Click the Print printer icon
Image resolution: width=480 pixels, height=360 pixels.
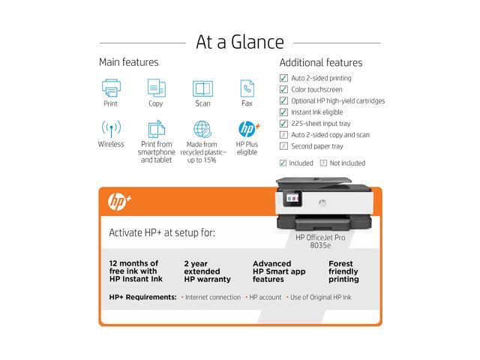pos(111,88)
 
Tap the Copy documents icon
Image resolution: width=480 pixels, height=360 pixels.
pos(157,88)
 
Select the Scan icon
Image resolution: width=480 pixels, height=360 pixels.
pos(202,88)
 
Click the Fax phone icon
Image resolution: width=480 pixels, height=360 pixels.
pos(247,88)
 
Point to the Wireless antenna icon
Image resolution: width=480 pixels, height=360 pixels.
pos(111,128)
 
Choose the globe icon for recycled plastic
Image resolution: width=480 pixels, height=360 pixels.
pos(202,129)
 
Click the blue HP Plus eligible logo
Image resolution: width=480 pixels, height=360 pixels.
pos(249,129)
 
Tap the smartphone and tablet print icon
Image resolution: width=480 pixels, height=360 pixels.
pos(157,129)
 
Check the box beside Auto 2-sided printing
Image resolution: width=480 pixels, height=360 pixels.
pos(283,78)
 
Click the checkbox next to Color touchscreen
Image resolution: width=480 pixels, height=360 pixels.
pos(283,89)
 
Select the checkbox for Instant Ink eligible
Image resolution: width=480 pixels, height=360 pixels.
pos(283,112)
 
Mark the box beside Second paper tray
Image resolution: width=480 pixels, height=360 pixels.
pos(283,146)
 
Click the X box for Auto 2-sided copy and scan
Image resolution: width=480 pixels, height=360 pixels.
pos(283,135)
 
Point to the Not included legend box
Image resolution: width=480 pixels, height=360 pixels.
pos(323,163)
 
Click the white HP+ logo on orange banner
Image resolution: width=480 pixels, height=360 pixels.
pos(119,202)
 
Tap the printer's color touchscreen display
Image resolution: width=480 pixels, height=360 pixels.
pos(292,198)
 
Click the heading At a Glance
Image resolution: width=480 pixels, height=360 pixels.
pos(240,42)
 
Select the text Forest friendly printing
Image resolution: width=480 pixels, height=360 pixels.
pos(343,271)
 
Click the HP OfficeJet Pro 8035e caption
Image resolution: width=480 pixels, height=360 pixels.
pos(320,241)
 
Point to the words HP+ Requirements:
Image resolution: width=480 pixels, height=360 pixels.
pos(143,297)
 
